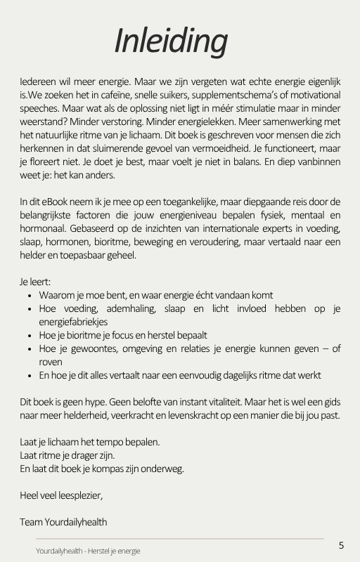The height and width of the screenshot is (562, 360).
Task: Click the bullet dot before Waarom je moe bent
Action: (29, 296)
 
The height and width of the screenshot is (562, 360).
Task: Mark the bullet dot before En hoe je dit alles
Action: (29, 376)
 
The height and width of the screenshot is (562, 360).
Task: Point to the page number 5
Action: (341, 545)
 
